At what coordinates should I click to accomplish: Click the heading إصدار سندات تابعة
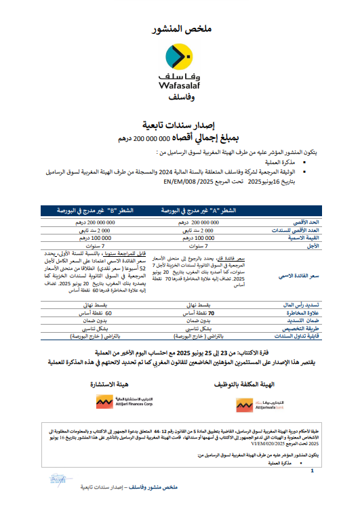point(180,126)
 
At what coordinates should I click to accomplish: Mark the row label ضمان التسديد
point(291,321)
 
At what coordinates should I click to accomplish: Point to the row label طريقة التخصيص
point(289,329)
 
